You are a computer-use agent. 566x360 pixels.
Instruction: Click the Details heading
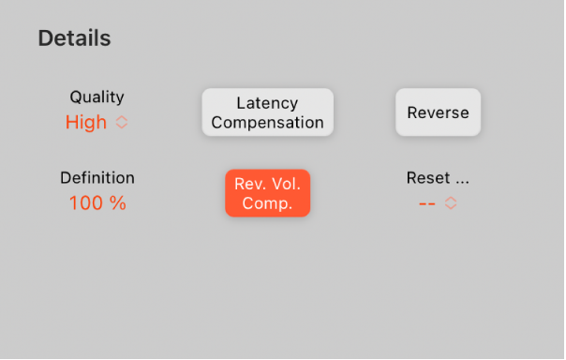click(74, 38)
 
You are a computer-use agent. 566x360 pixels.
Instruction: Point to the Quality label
click(97, 97)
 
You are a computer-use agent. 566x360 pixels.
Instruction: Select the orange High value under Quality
click(86, 122)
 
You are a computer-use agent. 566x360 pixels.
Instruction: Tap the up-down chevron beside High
click(122, 122)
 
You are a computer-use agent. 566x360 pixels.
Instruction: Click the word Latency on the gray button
click(267, 102)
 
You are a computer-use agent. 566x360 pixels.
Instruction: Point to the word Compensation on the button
click(267, 123)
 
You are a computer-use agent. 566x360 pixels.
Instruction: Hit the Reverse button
click(438, 112)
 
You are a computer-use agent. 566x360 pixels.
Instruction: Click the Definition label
click(97, 177)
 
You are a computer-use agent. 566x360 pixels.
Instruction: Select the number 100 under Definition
click(85, 202)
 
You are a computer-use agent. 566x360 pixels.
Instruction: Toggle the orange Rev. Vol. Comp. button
click(267, 192)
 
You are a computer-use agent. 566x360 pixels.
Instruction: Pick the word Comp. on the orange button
click(267, 202)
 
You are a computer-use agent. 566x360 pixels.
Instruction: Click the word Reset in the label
click(427, 177)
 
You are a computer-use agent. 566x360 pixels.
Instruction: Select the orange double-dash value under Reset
click(426, 202)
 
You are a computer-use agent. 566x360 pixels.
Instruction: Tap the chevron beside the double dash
click(451, 202)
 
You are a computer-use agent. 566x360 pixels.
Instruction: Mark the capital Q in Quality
click(76, 97)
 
